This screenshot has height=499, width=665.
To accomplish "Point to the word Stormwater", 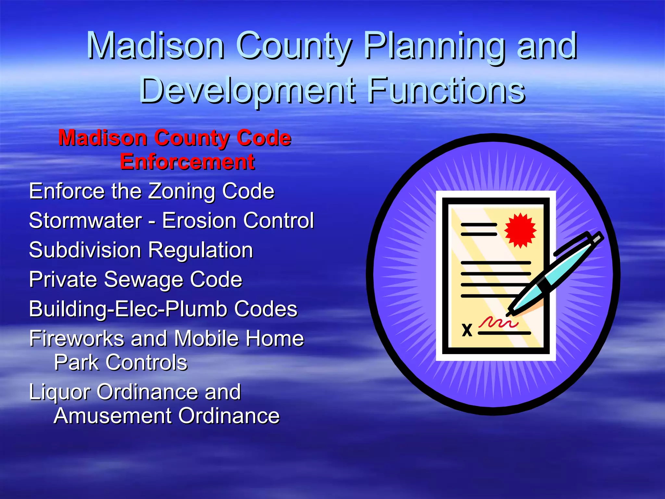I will [x=85, y=221].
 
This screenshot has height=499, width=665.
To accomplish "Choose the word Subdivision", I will [x=85, y=250].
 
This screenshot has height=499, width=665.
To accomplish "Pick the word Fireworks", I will [x=77, y=339].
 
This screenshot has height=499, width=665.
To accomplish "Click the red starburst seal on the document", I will [x=520, y=230].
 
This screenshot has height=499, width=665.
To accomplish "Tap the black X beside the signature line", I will [x=467, y=330].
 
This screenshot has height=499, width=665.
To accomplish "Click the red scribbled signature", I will [x=497, y=322].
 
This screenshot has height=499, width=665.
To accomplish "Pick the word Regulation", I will [x=201, y=250].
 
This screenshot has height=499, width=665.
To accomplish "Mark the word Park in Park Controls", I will [x=76, y=362].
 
